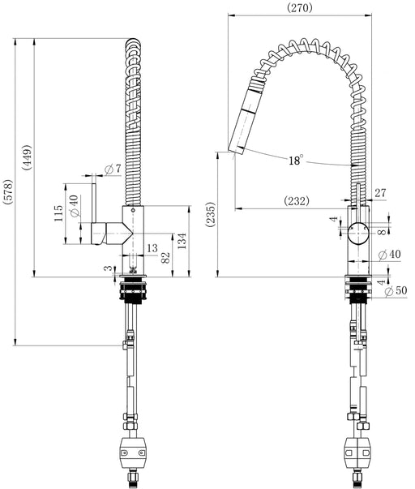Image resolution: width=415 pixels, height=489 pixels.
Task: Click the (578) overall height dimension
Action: click(8, 192)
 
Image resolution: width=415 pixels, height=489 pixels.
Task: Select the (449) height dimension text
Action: click(27, 157)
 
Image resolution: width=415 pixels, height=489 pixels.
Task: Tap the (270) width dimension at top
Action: click(300, 8)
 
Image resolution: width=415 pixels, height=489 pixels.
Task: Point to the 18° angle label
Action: click(295, 160)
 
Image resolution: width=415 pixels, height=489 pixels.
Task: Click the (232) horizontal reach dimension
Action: click(297, 201)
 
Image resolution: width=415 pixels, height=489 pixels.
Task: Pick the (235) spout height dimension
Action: click(210, 214)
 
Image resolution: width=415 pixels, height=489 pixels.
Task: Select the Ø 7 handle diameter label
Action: click(113, 169)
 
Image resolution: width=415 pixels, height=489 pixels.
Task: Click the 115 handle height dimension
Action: click(58, 213)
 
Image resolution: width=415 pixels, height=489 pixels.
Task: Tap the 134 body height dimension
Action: click(182, 241)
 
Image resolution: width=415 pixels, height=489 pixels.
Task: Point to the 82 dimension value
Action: click(165, 257)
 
